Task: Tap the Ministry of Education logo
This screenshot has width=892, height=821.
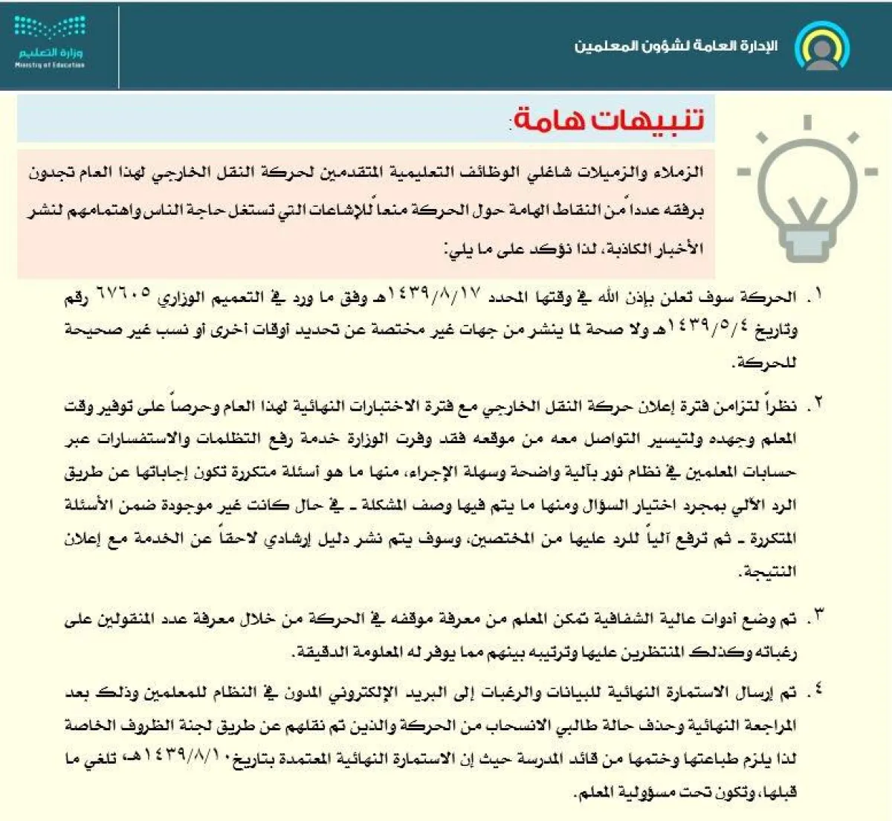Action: point(49,45)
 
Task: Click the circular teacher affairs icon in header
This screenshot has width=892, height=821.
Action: point(821,46)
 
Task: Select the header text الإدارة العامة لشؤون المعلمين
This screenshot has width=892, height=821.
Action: point(676,46)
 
